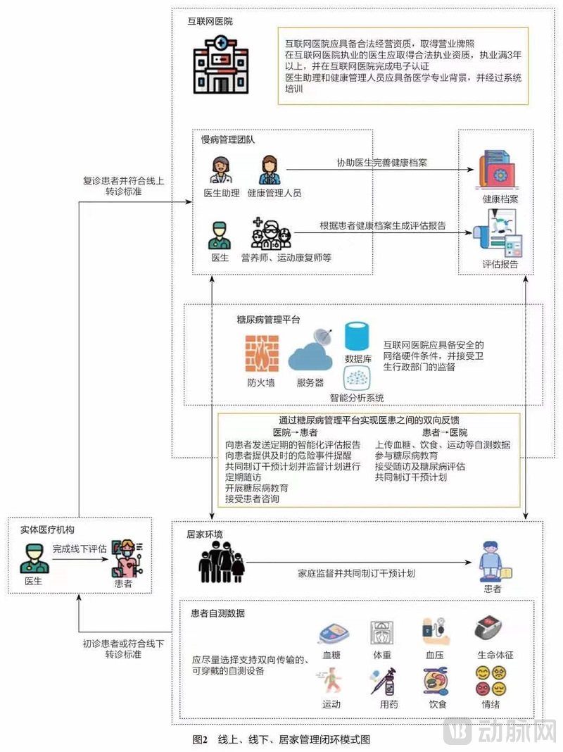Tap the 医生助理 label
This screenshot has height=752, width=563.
222,193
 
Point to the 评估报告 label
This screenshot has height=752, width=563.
500,264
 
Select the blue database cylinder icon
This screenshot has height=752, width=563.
358,336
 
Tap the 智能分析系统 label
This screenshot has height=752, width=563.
357,398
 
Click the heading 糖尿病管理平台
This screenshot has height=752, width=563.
268,319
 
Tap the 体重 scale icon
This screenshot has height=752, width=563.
382,634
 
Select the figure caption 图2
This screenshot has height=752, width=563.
201,739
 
